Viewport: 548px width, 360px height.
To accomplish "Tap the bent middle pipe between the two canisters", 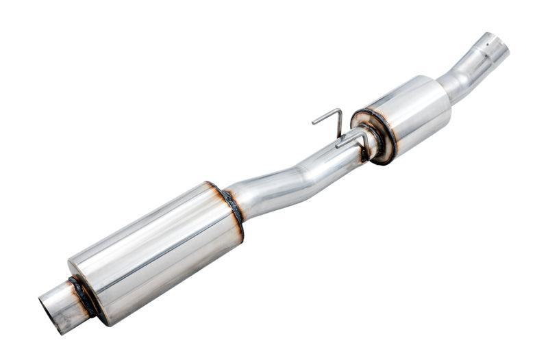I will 295,175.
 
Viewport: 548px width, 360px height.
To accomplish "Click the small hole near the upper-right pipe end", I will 487,49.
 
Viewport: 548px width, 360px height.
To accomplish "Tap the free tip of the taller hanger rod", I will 314,123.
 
